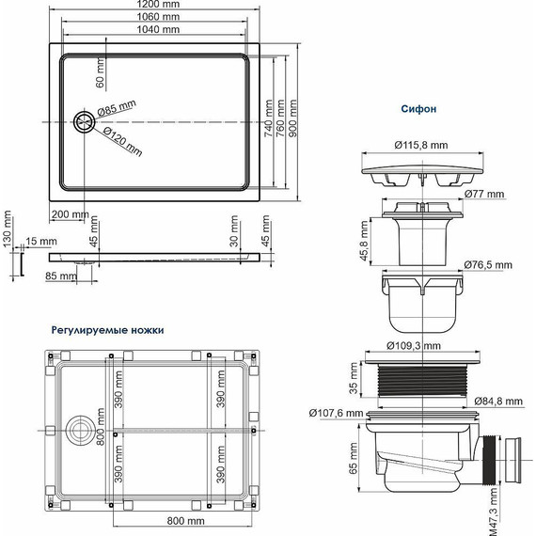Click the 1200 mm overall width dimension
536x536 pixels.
pyautogui.click(x=157, y=6)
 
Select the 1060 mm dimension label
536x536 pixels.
pyautogui.click(x=157, y=18)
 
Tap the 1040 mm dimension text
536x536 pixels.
pyautogui.click(x=157, y=30)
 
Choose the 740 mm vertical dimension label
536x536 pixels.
pyautogui.click(x=268, y=120)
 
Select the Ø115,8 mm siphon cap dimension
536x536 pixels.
pyautogui.click(x=418, y=145)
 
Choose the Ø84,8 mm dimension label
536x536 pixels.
pyautogui.click(x=507, y=402)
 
